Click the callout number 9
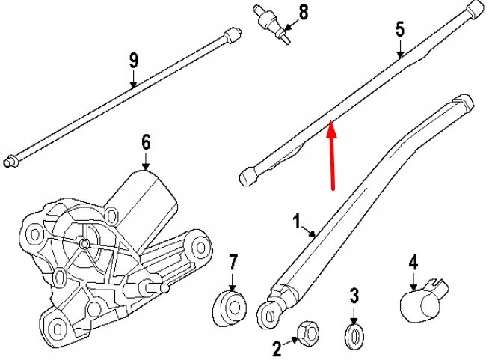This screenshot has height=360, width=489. click(134, 61)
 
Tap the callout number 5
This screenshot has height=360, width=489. click(399, 30)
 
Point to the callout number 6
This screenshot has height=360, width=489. click(146, 142)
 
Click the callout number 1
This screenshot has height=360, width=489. click(297, 222)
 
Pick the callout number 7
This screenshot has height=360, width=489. click(233, 263)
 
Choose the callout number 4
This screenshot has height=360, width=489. click(413, 263)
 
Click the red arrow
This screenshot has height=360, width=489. click(332, 157)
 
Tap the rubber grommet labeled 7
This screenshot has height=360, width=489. click(230, 307)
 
